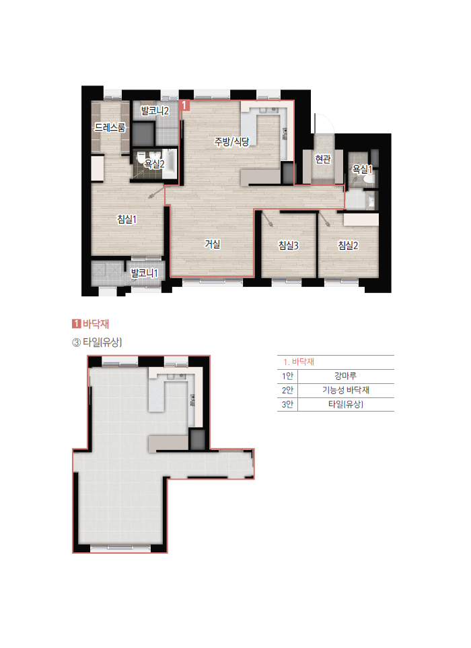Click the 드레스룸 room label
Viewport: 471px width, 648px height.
pyautogui.click(x=110, y=127)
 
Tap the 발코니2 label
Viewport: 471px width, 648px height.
pyautogui.click(x=155, y=110)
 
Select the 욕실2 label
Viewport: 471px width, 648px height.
pyautogui.click(x=153, y=164)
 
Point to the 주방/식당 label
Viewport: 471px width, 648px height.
pyautogui.click(x=231, y=141)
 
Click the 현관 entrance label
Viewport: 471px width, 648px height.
pyautogui.click(x=323, y=159)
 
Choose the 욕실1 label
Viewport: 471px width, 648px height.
pyautogui.click(x=362, y=169)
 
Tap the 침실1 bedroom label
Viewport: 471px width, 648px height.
pyautogui.click(x=126, y=219)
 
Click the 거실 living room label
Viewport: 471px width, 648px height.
pyautogui.click(x=213, y=244)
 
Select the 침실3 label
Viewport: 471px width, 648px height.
pyautogui.click(x=289, y=245)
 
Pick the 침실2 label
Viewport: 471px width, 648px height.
pyautogui.click(x=348, y=245)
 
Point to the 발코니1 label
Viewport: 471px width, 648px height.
pyautogui.click(x=145, y=273)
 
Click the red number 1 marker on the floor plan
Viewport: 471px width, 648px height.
pyautogui.click(x=184, y=105)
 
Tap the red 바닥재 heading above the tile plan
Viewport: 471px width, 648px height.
pyautogui.click(x=96, y=323)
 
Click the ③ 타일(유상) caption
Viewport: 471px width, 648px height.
pyautogui.click(x=97, y=342)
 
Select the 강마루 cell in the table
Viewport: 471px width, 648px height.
pyautogui.click(x=345, y=376)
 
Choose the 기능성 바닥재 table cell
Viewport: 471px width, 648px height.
pyautogui.click(x=345, y=390)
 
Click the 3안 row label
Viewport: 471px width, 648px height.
pyautogui.click(x=287, y=404)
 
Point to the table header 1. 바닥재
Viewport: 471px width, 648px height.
pyautogui.click(x=299, y=362)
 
